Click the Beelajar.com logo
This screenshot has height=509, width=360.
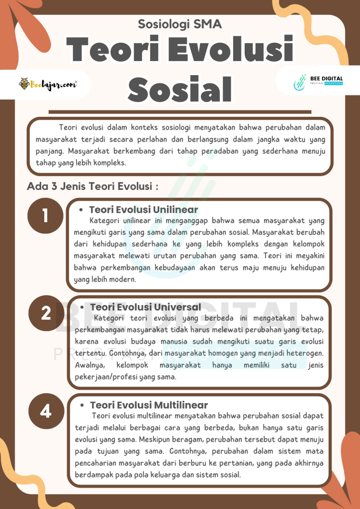point(48,85)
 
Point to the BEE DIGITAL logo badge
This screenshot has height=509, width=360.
point(318,83)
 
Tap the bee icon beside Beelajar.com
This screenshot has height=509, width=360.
point(24,85)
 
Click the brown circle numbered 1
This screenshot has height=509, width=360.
point(45,216)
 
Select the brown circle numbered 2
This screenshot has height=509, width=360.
point(46,313)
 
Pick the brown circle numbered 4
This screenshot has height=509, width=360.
point(46,411)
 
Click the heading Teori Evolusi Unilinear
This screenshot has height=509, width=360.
point(143,210)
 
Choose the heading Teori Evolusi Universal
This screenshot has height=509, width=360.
point(146,307)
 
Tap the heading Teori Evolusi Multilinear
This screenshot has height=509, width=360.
point(149,405)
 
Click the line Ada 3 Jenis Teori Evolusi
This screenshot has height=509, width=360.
point(93,187)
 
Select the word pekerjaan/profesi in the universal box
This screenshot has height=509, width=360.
point(98,377)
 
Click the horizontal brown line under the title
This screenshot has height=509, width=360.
point(180,112)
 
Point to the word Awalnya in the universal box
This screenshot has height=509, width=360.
point(89,366)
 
